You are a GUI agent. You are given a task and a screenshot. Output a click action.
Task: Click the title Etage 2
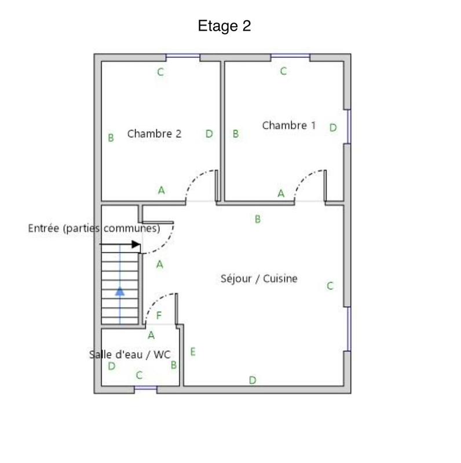224,27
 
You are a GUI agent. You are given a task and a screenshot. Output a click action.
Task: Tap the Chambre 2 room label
154,134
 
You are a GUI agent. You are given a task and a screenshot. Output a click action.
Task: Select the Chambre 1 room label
289,126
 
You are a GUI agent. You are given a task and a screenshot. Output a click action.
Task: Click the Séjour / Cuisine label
259,278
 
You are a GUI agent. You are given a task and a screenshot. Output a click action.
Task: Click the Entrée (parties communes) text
94,228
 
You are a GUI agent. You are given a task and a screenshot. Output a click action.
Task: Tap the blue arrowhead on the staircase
120,291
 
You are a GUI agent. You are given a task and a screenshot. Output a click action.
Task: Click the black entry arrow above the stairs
136,244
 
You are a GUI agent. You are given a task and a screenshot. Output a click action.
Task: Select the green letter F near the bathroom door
159,316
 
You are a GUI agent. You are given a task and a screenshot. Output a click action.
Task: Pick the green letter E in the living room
192,351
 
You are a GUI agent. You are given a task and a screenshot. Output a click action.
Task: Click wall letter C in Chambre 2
160,72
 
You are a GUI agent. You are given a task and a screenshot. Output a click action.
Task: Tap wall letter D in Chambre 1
333,128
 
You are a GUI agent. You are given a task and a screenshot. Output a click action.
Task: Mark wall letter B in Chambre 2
111,138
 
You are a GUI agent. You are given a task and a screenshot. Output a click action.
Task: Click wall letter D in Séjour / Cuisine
253,380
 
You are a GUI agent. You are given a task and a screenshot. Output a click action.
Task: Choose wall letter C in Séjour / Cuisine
330,286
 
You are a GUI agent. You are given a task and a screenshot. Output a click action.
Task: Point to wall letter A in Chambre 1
281,193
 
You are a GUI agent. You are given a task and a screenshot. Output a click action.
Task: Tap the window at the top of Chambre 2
183,57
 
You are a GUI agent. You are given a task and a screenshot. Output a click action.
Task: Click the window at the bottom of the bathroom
145,390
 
